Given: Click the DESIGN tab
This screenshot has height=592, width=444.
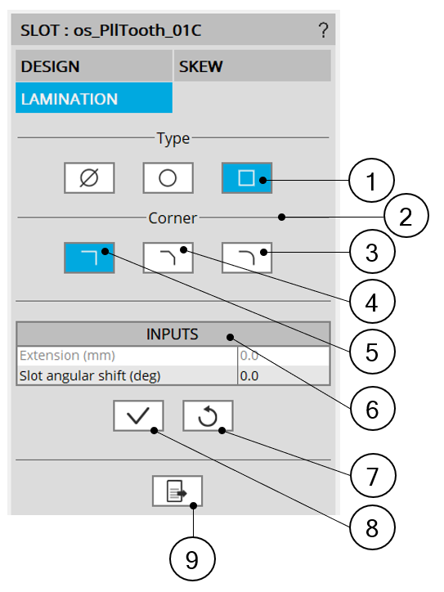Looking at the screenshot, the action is pos(94,66).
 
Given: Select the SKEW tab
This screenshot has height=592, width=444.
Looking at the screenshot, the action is pos(252,66).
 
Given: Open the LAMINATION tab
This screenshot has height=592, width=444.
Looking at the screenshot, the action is pos(94,98).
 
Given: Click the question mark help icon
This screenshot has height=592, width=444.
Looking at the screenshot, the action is pos(323,30).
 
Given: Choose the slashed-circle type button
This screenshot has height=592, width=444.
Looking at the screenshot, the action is pos(89,177).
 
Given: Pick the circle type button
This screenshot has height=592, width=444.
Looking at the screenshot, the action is pos(168,177).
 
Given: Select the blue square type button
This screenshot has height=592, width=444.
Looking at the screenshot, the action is pos(247,177).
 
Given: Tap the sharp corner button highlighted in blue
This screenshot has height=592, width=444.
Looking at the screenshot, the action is pos(89,258).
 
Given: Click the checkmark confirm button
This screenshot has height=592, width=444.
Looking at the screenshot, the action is pos(138,415).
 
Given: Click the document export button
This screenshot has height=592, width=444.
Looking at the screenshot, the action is pos(177,491).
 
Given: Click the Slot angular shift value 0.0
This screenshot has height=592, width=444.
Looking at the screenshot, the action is pos(249,376).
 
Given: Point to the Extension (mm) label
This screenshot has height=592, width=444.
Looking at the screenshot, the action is pos(67,356).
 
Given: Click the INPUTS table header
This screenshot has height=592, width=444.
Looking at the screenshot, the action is pos(173,334).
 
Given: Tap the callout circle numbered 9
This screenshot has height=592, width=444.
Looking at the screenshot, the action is pos(192,559).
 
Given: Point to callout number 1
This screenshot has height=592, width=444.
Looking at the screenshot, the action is pos(371,181).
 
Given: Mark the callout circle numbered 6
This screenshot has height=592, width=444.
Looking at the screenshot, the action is pos(372,409).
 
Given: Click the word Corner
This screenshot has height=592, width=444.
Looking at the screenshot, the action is pos(173,218).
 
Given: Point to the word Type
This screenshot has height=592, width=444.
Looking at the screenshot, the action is pos(173,139).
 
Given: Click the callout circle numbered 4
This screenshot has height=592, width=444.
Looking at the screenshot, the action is pos(372,302).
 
